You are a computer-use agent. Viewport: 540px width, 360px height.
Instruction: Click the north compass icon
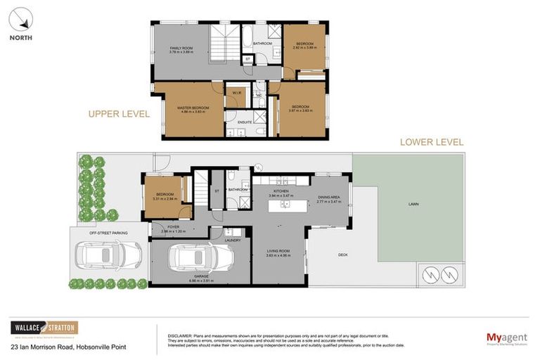(x=21, y=19)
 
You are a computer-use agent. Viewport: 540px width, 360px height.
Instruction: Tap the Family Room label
(x=181, y=49)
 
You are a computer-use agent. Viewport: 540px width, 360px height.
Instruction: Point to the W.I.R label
(x=237, y=92)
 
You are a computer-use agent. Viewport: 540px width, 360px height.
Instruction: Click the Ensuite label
(x=244, y=122)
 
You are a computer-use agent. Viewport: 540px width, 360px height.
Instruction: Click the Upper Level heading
(x=118, y=113)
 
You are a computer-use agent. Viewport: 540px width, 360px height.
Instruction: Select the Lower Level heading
(x=431, y=142)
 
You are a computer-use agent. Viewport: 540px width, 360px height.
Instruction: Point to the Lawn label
(x=413, y=205)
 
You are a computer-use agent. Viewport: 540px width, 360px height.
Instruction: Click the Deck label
(x=343, y=255)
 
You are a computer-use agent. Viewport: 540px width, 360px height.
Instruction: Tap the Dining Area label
(x=328, y=199)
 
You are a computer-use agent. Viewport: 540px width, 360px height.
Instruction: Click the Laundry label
(x=233, y=240)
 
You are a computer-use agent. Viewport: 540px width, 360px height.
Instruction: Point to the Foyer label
(x=173, y=227)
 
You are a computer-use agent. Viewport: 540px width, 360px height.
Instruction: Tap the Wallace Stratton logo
(x=44, y=328)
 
